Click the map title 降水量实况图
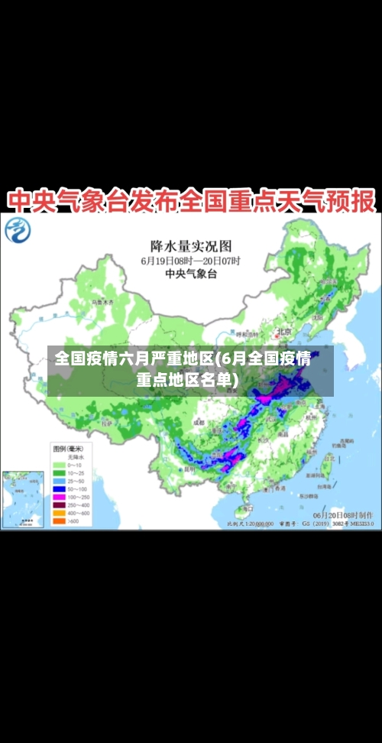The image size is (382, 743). coord(190,245)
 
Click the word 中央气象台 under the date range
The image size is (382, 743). coord(190,273)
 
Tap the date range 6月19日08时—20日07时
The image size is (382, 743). coord(190,261)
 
